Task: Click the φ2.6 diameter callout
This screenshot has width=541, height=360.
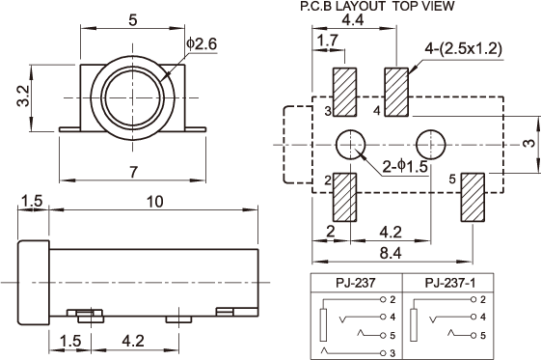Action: coord(202,44)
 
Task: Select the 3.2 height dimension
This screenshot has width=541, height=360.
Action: coord(24,96)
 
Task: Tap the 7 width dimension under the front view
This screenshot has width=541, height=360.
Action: coord(133,172)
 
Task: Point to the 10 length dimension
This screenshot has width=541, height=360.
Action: coord(155,202)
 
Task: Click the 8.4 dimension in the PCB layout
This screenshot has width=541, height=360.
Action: coord(391,253)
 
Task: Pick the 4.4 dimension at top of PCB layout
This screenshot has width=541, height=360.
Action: coord(353,20)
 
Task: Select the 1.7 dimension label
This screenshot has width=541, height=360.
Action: coord(328,41)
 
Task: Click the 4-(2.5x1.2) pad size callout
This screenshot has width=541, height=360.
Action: coord(463,49)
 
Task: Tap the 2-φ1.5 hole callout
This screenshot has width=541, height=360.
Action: coord(405,167)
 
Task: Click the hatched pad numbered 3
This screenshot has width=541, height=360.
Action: coord(344,92)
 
